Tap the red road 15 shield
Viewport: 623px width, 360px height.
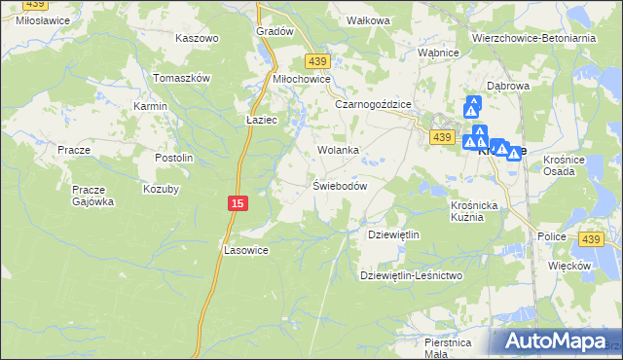coord(238,202)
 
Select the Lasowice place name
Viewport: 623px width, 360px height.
coord(244,249)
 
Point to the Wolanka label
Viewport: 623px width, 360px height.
coord(339,151)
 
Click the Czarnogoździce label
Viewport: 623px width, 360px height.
coord(374,104)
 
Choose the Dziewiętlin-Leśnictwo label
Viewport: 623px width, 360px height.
coord(412,275)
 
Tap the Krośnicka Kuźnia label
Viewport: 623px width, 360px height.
coord(474,211)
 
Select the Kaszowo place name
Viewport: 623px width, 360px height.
coord(197,38)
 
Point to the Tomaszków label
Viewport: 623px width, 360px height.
coord(182,78)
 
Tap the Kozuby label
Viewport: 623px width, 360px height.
coord(162,189)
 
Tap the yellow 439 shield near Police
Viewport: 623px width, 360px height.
coord(590,239)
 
